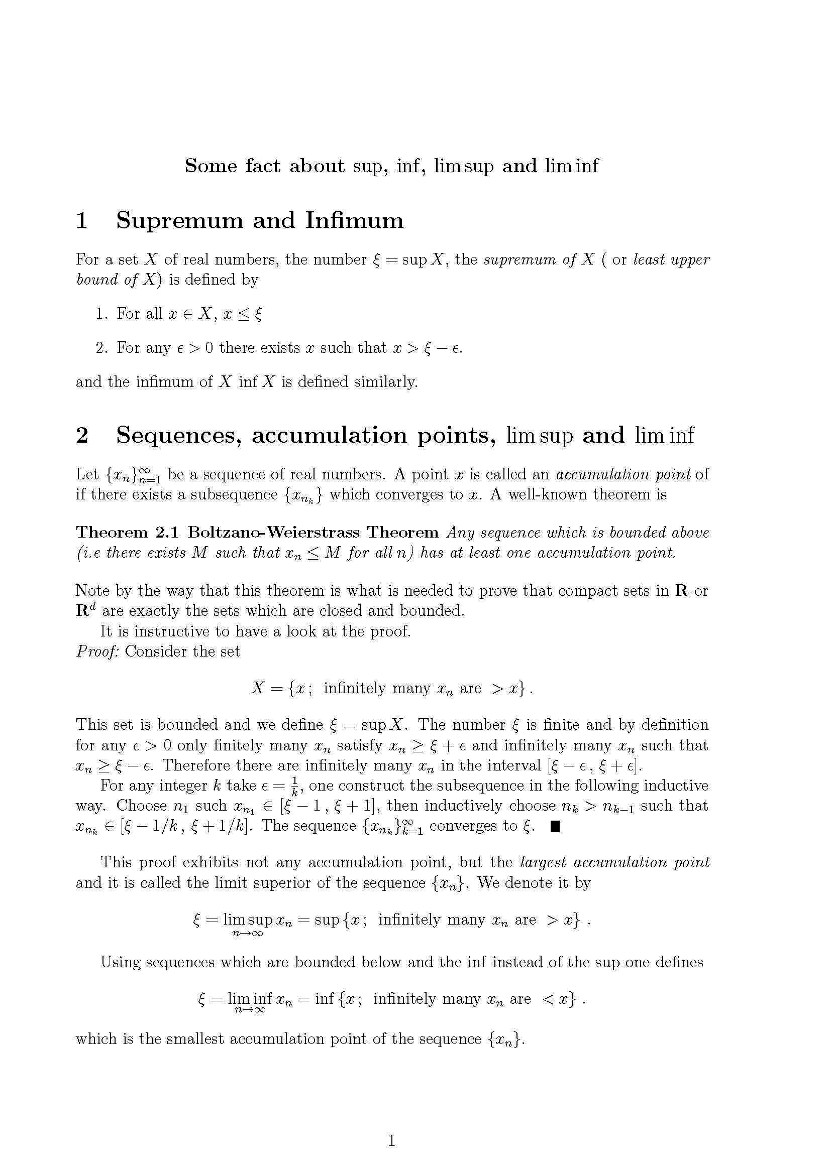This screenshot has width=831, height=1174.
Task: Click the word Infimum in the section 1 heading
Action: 354,221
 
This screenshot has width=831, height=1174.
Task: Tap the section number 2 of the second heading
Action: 82,436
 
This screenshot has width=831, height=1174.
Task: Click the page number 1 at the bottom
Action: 391,1140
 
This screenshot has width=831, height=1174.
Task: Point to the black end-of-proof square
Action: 555,826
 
